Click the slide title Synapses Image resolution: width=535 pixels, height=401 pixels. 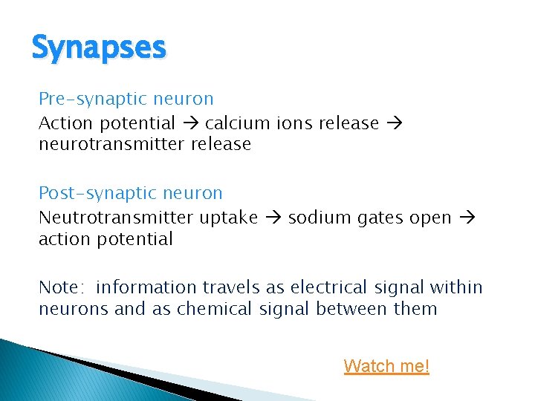click(99, 48)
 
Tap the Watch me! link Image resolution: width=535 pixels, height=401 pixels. click(386, 366)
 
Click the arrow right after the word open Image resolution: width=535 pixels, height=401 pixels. click(467, 218)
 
